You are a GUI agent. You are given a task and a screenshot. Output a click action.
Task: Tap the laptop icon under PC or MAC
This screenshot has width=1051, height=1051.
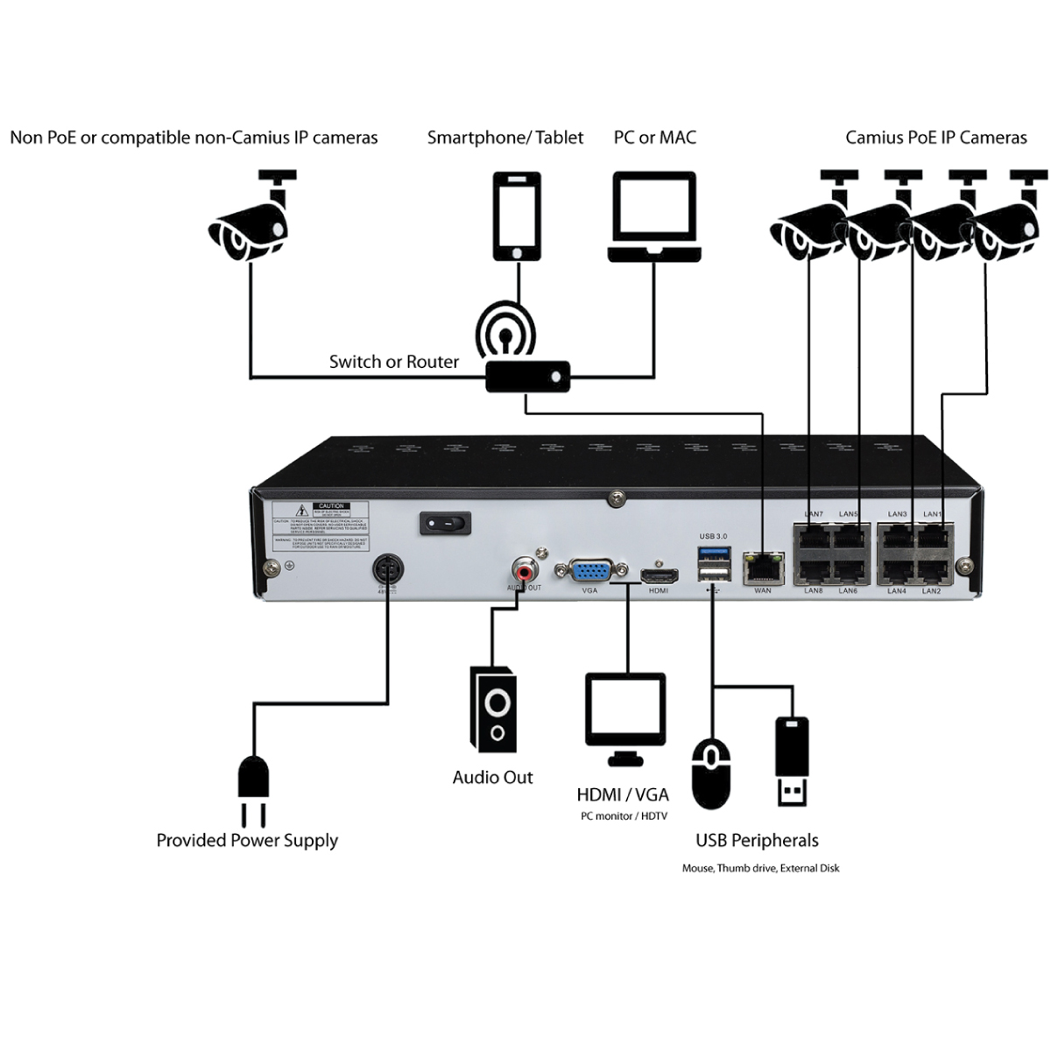pyautogui.click(x=654, y=217)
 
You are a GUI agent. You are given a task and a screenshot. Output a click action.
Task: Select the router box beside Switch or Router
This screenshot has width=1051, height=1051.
pyautogui.click(x=528, y=377)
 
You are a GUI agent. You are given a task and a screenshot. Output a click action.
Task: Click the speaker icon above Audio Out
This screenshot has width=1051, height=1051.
pyautogui.click(x=493, y=710)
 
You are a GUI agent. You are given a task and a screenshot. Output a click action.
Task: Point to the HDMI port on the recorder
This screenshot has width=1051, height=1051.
pyautogui.click(x=659, y=575)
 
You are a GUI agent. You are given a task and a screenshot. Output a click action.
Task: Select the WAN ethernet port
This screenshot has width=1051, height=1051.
pyautogui.click(x=762, y=568)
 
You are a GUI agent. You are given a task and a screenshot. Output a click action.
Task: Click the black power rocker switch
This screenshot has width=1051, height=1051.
pyautogui.click(x=445, y=523)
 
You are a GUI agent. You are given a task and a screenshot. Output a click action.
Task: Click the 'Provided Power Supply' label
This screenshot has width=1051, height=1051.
pyautogui.click(x=247, y=841)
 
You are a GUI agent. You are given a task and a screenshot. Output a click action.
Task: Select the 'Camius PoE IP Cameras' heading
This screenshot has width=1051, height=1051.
pyautogui.click(x=935, y=138)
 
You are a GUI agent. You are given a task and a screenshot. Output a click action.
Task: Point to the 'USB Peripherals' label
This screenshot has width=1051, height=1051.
pyautogui.click(x=757, y=841)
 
